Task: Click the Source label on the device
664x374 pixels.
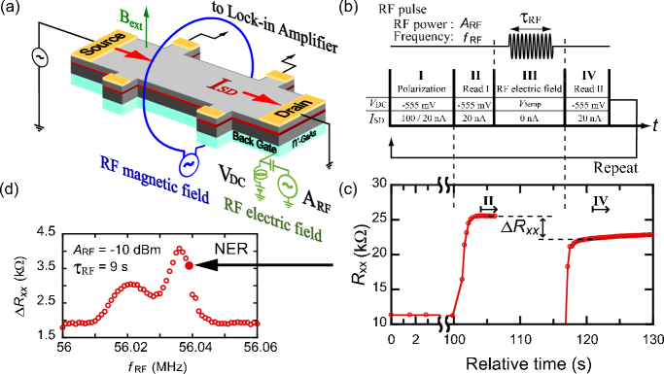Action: pos(102,44)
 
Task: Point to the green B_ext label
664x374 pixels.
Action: pos(129,17)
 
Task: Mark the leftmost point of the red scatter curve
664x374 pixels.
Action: pos(62,326)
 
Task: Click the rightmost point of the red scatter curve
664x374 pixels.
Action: pos(258,323)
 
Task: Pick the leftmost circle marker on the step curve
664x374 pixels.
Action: pos(391,315)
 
